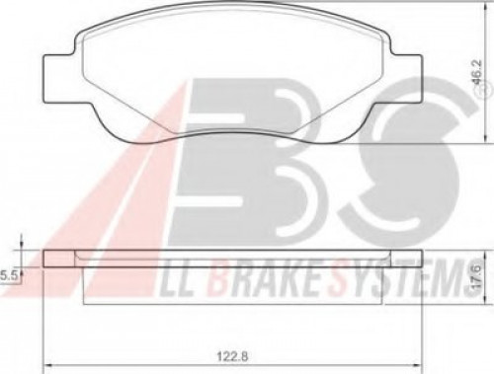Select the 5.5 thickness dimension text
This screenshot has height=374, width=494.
pyautogui.click(x=9, y=275)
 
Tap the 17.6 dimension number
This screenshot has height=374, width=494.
pyautogui.click(x=477, y=277)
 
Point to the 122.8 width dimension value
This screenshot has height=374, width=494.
pyautogui.click(x=232, y=355)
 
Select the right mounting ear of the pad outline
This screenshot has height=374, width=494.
pyautogui.click(x=406, y=78)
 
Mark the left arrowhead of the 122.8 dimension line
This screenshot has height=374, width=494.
pyautogui.click(x=48, y=365)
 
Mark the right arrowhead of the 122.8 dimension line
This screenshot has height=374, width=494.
pyautogui.click(x=418, y=365)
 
